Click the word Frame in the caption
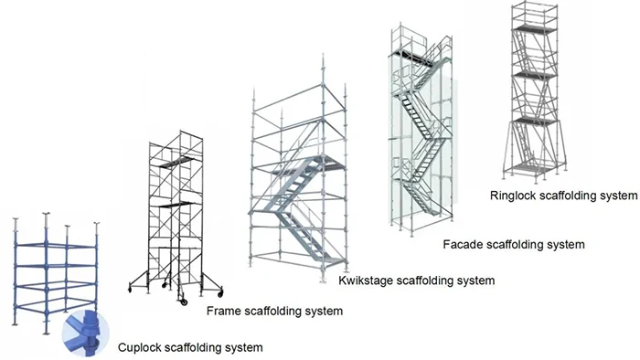coord(224,312)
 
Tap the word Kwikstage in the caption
coord(366,281)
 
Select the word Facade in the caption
coord(462,244)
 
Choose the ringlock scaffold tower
coord(533,91)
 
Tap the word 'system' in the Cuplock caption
coord(243,347)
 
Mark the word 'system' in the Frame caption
coord(324,312)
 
